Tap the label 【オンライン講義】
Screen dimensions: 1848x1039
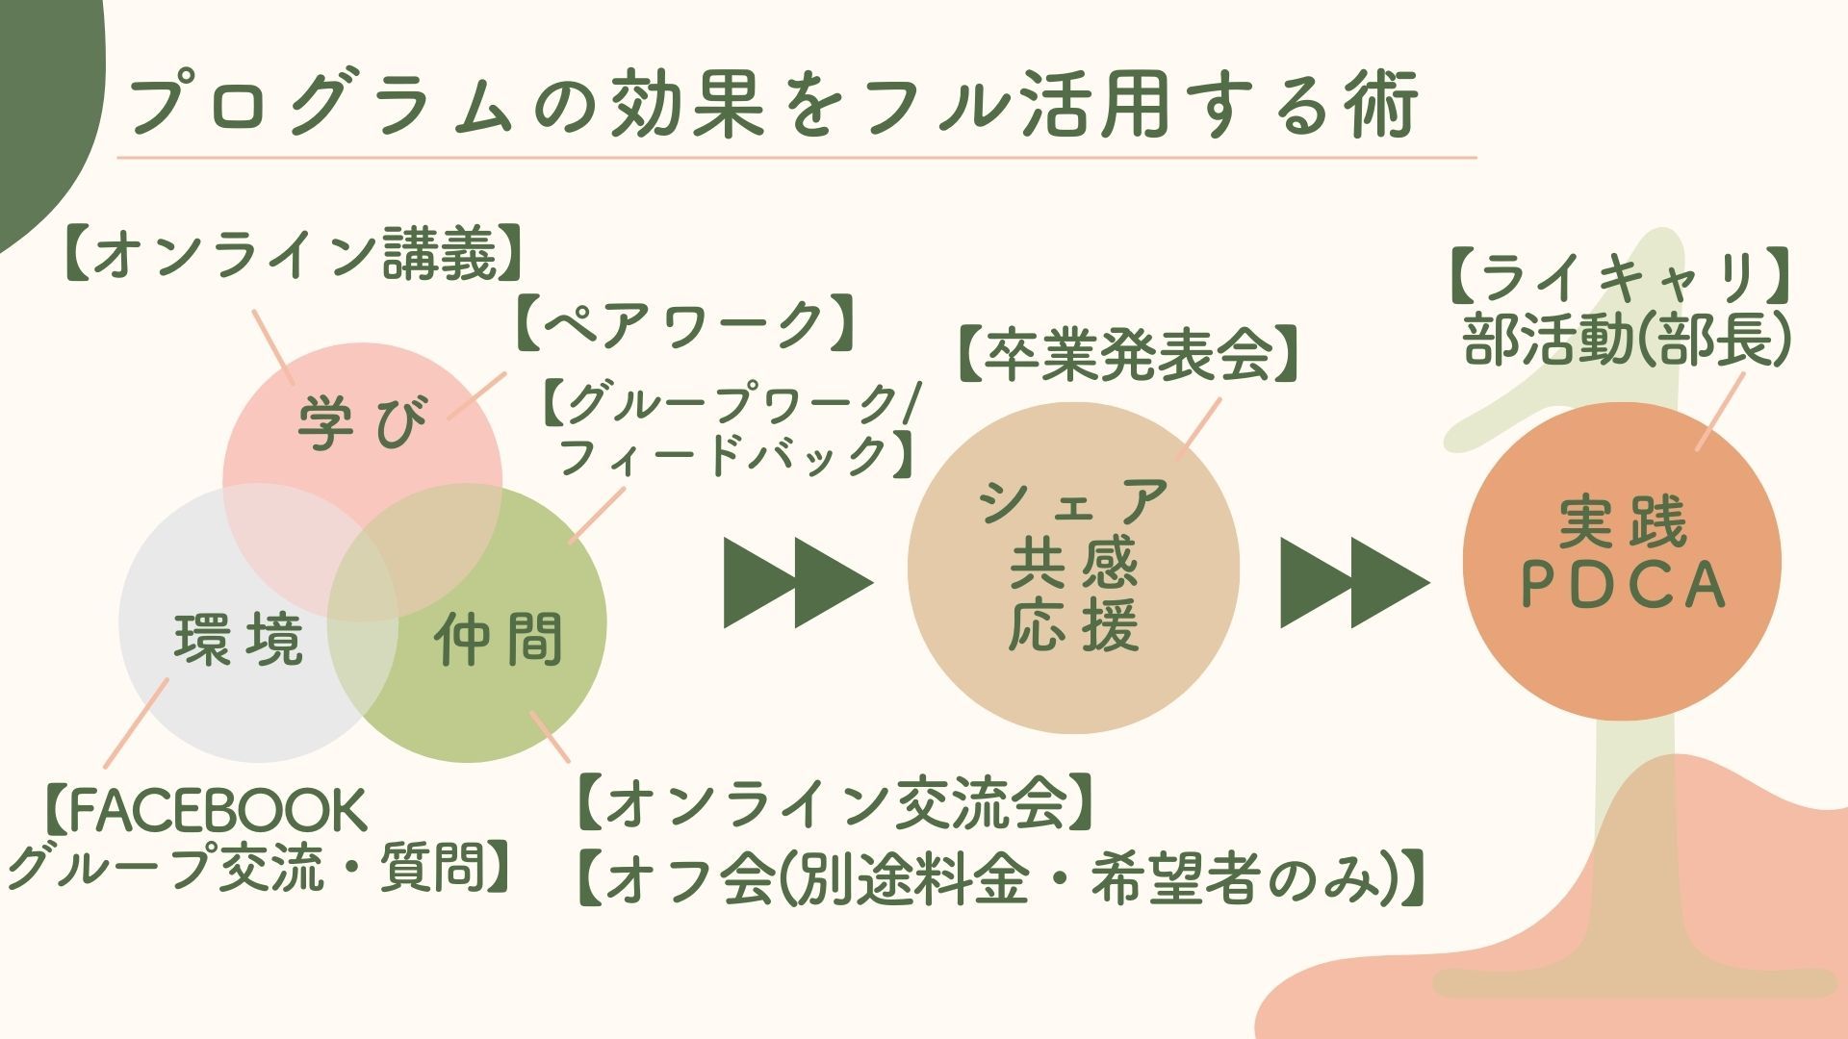point(296,254)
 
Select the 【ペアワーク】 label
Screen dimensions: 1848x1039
point(685,324)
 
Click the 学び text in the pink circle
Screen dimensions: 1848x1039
point(362,423)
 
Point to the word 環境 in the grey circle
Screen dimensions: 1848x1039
point(239,641)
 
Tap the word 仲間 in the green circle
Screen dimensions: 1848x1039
point(498,641)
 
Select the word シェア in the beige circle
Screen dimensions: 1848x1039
point(1073,501)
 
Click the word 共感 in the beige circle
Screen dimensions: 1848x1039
point(1073,564)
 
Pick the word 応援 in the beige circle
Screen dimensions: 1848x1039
point(1073,626)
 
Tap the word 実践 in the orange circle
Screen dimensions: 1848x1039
point(1622,522)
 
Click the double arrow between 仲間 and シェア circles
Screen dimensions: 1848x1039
point(798,583)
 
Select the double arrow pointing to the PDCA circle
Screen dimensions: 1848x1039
point(1354,583)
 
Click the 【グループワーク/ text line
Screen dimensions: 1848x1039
point(729,405)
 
